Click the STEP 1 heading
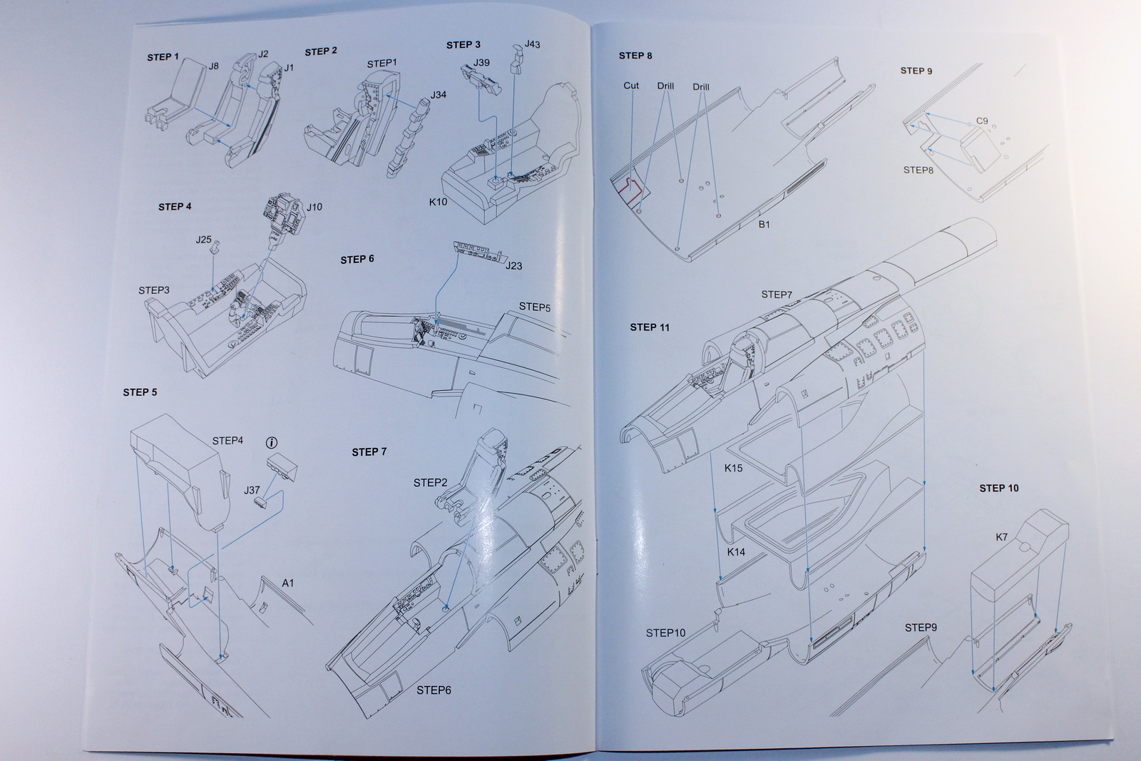pyautogui.click(x=163, y=57)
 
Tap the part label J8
pyautogui.click(x=213, y=66)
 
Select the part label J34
pyautogui.click(x=438, y=95)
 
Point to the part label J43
pyautogui.click(x=532, y=44)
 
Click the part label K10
pyautogui.click(x=438, y=202)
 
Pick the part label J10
pyautogui.click(x=314, y=207)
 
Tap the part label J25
pyautogui.click(x=203, y=240)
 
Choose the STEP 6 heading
pyautogui.click(x=357, y=259)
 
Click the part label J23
pyautogui.click(x=513, y=266)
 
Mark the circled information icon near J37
pyautogui.click(x=275, y=441)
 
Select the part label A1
pyautogui.click(x=287, y=583)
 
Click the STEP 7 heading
pyautogui.click(x=369, y=452)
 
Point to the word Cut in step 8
pyautogui.click(x=631, y=86)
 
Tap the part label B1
pyautogui.click(x=764, y=225)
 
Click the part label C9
pyautogui.click(x=982, y=121)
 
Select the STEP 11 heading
pyautogui.click(x=650, y=327)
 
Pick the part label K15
pyautogui.click(x=733, y=469)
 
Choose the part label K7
pyautogui.click(x=1001, y=537)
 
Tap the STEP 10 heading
pyautogui.click(x=998, y=489)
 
